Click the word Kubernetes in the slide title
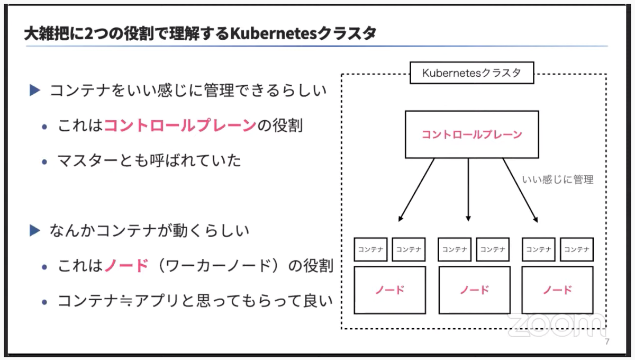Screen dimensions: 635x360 point(273,33)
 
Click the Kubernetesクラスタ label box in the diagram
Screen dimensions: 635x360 point(471,73)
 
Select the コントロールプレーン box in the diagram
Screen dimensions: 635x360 point(471,134)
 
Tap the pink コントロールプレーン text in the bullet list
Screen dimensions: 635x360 point(180,125)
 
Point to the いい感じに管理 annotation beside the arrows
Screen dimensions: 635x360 point(558,179)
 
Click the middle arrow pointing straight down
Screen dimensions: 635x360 point(468,190)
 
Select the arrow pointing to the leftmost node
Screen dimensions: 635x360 point(416,190)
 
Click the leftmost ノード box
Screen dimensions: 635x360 point(390,290)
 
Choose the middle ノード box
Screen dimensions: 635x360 point(474,290)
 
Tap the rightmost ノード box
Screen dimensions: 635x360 point(557,290)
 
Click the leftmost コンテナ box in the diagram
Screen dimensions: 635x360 point(370,249)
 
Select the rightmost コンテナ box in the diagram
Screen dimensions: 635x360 point(577,249)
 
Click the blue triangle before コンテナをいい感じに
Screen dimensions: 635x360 point(35,90)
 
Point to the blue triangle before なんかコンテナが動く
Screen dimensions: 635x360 point(35,230)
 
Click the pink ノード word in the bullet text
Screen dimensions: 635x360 point(126,266)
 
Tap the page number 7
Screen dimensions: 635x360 point(607,341)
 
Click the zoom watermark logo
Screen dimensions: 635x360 point(556,325)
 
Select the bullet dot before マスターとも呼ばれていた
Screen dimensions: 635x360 point(44,161)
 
